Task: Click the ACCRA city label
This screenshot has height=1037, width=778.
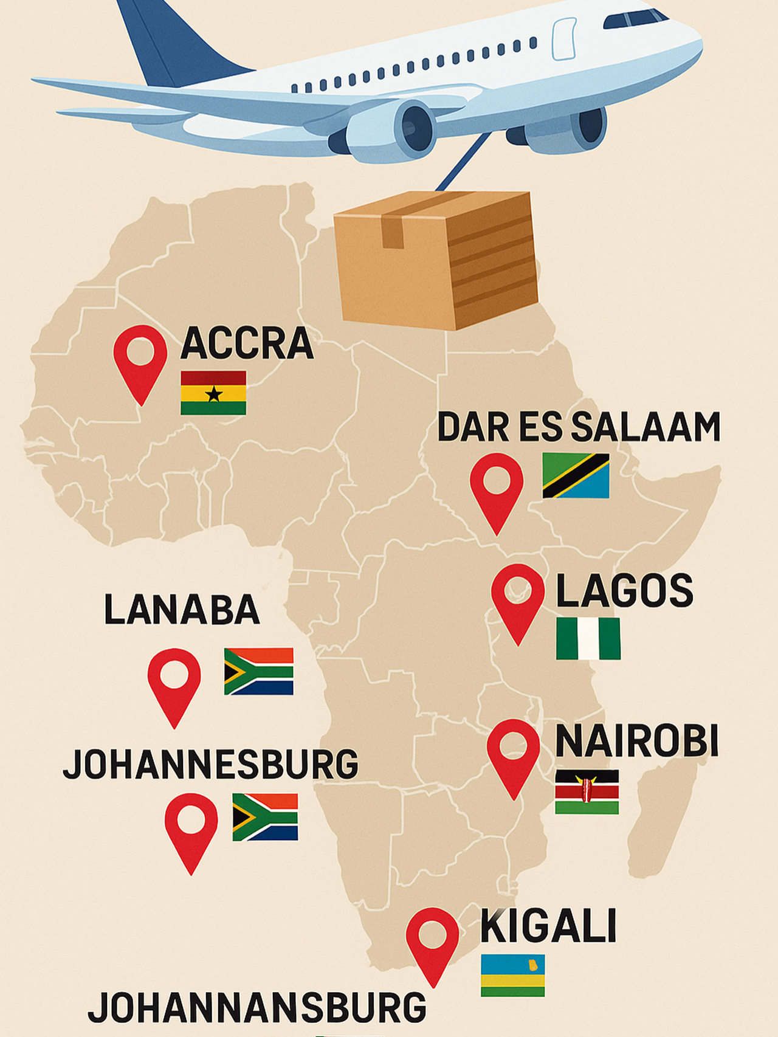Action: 247,343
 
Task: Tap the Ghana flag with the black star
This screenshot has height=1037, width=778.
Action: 213,393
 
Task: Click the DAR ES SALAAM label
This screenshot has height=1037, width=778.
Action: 579,427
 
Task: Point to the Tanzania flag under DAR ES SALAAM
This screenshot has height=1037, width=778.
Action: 576,476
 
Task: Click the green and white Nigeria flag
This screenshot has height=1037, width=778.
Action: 588,639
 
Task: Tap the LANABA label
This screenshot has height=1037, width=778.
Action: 182,610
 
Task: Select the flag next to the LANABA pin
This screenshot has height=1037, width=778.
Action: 259,672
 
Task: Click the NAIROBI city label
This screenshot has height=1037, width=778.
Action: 636,742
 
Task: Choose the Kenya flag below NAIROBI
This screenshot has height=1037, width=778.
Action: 587,791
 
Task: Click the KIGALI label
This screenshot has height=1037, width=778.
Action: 548,926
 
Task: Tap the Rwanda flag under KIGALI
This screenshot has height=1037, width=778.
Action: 512,976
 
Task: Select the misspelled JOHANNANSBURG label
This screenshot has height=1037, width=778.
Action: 257,1008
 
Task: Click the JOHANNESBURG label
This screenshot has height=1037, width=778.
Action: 211,764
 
